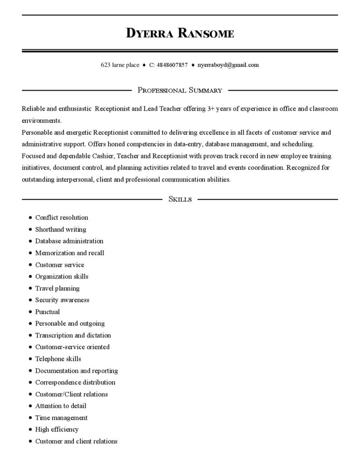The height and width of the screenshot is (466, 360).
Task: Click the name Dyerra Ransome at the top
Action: (180, 33)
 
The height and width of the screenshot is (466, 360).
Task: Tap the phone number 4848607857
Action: (172, 65)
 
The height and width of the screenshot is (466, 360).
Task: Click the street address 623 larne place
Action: (120, 65)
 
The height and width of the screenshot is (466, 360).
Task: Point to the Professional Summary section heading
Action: (180, 91)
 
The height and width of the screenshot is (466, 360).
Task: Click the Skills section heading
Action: (180, 199)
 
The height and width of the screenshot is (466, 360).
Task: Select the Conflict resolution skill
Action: (61, 218)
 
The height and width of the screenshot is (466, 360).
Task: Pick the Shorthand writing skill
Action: (61, 229)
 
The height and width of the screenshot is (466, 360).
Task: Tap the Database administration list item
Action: (69, 241)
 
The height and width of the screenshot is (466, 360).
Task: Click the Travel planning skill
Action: (57, 289)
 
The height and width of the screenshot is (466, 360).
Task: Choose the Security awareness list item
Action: (62, 300)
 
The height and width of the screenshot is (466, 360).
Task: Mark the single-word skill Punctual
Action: (47, 312)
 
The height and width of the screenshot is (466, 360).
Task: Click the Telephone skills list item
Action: (58, 359)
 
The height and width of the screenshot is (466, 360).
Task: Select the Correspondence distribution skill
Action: (75, 383)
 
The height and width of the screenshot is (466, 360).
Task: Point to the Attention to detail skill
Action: (61, 406)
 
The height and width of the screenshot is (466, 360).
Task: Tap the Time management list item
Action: (61, 418)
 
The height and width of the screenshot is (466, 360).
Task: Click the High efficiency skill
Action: (57, 430)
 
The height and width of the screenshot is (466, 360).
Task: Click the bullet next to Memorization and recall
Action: (30, 253)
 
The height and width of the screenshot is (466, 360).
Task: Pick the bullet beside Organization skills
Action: (30, 277)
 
